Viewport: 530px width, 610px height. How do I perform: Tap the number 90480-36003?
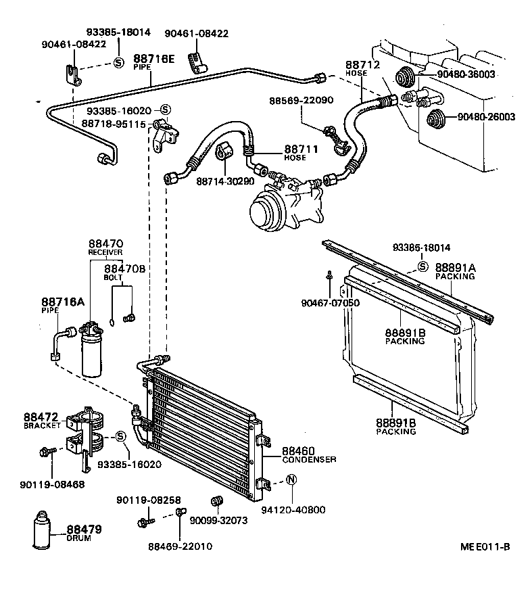tap(466, 74)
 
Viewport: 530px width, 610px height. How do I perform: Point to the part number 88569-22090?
tap(301, 100)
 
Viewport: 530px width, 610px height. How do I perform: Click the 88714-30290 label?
tap(226, 181)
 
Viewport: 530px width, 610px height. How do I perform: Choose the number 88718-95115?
tap(114, 124)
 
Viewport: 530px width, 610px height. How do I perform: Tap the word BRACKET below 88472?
tap(43, 426)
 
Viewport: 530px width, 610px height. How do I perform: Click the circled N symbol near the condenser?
tap(291, 481)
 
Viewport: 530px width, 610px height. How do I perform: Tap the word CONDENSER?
tap(309, 459)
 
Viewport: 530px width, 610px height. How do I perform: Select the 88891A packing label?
tap(455, 268)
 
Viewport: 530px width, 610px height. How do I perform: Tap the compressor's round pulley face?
tap(262, 214)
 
